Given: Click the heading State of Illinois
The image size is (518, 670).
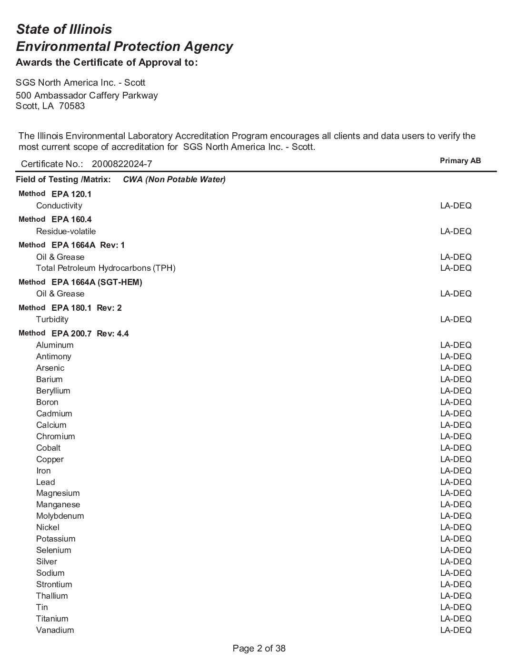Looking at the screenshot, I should click(x=64, y=30).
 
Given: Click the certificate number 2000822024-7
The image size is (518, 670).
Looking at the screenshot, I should click(x=122, y=164).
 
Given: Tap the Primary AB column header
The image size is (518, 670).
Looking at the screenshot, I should click(x=460, y=161).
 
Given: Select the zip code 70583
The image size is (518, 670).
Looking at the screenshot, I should click(x=72, y=106).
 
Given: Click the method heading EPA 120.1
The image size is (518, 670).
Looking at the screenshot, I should click(x=71, y=194).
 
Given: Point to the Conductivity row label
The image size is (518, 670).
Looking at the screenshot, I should click(x=59, y=206).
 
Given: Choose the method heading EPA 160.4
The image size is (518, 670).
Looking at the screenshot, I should click(x=71, y=220).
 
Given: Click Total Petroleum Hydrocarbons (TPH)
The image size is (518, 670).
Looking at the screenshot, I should click(x=106, y=268).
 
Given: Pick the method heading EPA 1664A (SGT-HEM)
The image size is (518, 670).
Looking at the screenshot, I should click(x=97, y=282).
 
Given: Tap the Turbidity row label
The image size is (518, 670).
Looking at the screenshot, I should click(x=52, y=320).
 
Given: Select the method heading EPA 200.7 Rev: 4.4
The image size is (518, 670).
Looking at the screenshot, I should click(x=90, y=334).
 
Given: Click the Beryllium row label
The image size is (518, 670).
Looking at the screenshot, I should click(x=53, y=391).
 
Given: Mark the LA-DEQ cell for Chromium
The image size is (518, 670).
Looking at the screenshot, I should click(x=456, y=437).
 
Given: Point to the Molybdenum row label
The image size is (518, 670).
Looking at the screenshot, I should click(x=60, y=516).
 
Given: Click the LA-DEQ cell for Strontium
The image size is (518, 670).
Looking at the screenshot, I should click(x=456, y=585).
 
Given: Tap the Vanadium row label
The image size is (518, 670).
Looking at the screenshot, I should click(x=55, y=631).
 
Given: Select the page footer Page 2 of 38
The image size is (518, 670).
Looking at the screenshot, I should click(x=259, y=649).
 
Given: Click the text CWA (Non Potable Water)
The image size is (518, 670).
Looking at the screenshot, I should click(x=174, y=180).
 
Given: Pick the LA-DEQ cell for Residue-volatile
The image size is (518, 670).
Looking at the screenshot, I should click(x=456, y=232).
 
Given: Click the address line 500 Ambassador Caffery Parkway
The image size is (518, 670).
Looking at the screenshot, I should click(x=87, y=96).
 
